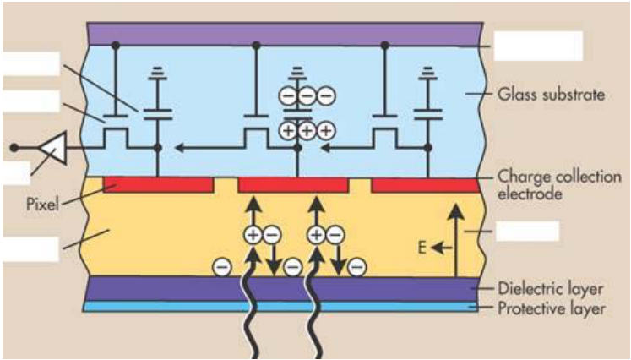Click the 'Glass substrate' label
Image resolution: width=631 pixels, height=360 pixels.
click(x=551, y=95)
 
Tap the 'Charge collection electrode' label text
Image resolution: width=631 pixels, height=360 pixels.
click(x=559, y=185)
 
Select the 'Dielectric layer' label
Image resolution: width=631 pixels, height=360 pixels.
click(x=551, y=289)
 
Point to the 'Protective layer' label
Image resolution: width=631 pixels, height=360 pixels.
click(x=552, y=308)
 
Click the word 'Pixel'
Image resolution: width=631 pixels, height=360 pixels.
click(x=42, y=204)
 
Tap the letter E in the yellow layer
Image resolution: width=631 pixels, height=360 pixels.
click(x=422, y=248)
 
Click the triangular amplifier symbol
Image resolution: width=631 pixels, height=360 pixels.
click(x=52, y=148)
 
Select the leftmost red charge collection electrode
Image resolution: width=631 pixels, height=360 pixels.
click(x=158, y=184)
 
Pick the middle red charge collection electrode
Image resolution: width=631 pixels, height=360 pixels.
click(x=293, y=185)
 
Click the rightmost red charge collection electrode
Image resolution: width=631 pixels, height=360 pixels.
click(x=426, y=185)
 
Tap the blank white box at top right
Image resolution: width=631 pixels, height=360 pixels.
click(x=538, y=46)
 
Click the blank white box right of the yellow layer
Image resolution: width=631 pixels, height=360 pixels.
click(x=528, y=232)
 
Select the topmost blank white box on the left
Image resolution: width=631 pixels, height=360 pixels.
click(x=31, y=63)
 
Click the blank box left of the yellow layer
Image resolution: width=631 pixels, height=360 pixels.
click(x=31, y=249)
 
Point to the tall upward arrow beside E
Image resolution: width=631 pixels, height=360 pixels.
click(x=455, y=240)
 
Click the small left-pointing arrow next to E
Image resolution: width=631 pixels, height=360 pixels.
click(x=442, y=248)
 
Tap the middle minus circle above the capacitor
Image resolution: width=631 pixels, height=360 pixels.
click(x=307, y=95)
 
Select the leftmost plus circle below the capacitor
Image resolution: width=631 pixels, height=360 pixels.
click(x=288, y=130)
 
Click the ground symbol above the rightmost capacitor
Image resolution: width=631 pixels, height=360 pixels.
click(x=427, y=73)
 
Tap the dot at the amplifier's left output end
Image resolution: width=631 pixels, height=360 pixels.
click(x=14, y=148)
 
